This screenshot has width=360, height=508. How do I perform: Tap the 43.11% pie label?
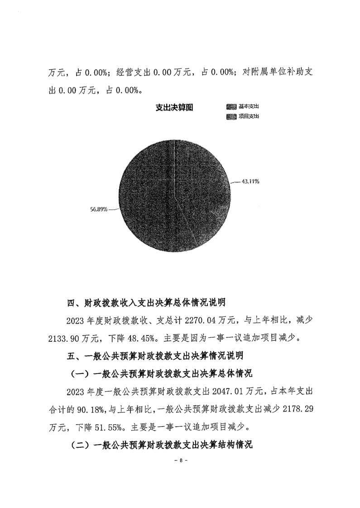pyautogui.click(x=250, y=182)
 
